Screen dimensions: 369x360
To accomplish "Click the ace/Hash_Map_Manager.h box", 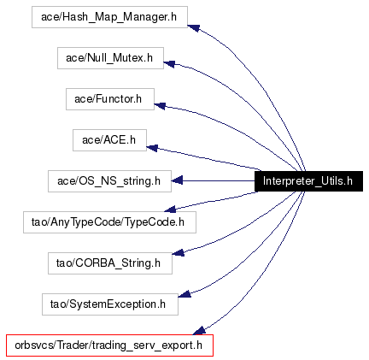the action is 109,17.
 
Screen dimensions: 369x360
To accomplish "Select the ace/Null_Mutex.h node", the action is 110,58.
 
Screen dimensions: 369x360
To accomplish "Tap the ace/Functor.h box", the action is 110,99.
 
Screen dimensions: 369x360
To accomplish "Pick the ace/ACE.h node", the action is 109,140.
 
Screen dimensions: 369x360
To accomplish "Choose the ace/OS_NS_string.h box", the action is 109,181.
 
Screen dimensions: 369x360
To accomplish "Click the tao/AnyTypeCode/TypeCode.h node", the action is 109,222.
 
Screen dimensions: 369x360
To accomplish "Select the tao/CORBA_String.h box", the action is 110,263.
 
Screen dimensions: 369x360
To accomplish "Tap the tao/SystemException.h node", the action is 110,304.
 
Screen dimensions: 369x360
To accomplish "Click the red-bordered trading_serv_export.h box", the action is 109,345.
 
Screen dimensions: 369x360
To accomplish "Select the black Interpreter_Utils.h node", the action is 308,181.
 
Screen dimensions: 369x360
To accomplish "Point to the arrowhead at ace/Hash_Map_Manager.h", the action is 193,27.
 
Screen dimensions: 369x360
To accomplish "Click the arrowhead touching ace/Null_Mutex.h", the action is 169,64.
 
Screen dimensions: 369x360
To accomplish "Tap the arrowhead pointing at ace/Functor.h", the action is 160,106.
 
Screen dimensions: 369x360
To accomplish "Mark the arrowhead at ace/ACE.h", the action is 152,148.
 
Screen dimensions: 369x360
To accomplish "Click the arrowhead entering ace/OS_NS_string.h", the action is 177,180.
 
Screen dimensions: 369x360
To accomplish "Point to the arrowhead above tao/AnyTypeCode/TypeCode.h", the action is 170,210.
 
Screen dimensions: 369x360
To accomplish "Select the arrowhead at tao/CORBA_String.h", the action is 179,252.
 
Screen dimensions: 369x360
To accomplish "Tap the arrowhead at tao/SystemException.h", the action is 184,294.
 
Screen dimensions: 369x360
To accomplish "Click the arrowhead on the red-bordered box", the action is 199,331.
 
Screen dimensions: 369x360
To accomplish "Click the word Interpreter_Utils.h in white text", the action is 307,181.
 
